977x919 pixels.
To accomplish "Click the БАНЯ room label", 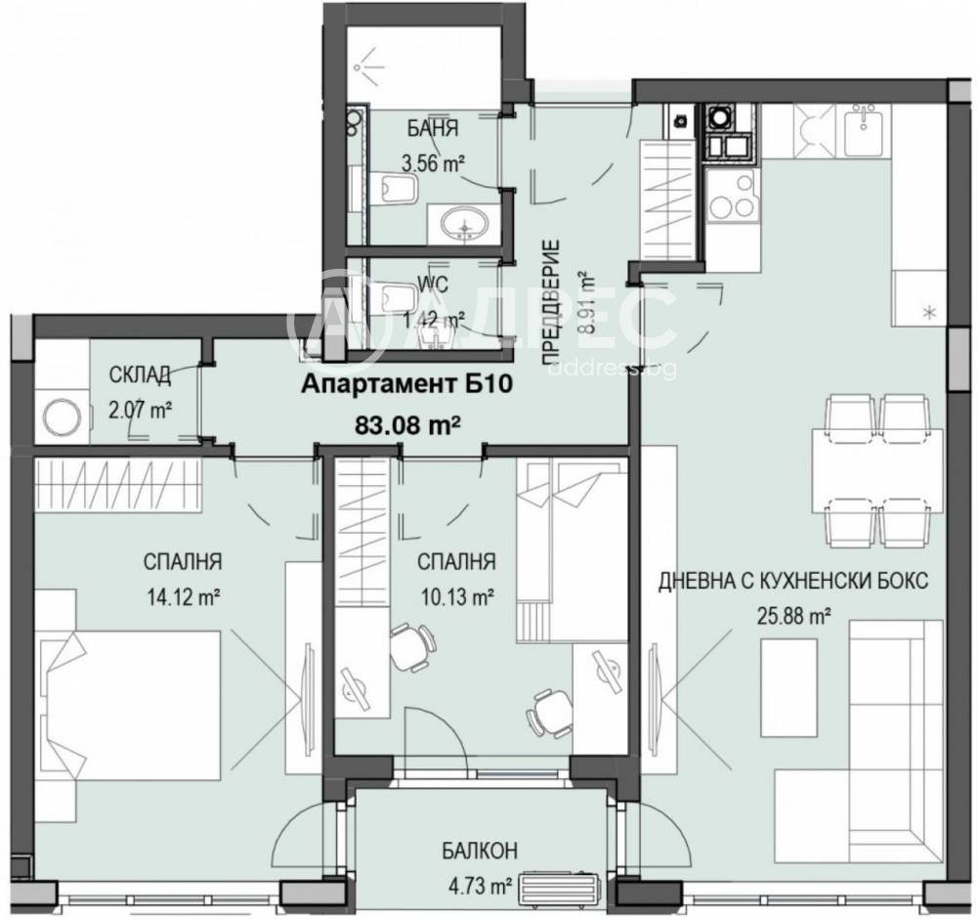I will pyautogui.click(x=433, y=129).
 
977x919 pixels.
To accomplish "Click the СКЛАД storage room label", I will pyautogui.click(x=141, y=374).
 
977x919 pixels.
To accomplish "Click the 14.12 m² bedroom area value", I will pyautogui.click(x=182, y=598).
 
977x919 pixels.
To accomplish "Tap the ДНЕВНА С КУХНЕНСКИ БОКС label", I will pyautogui.click(x=793, y=582).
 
